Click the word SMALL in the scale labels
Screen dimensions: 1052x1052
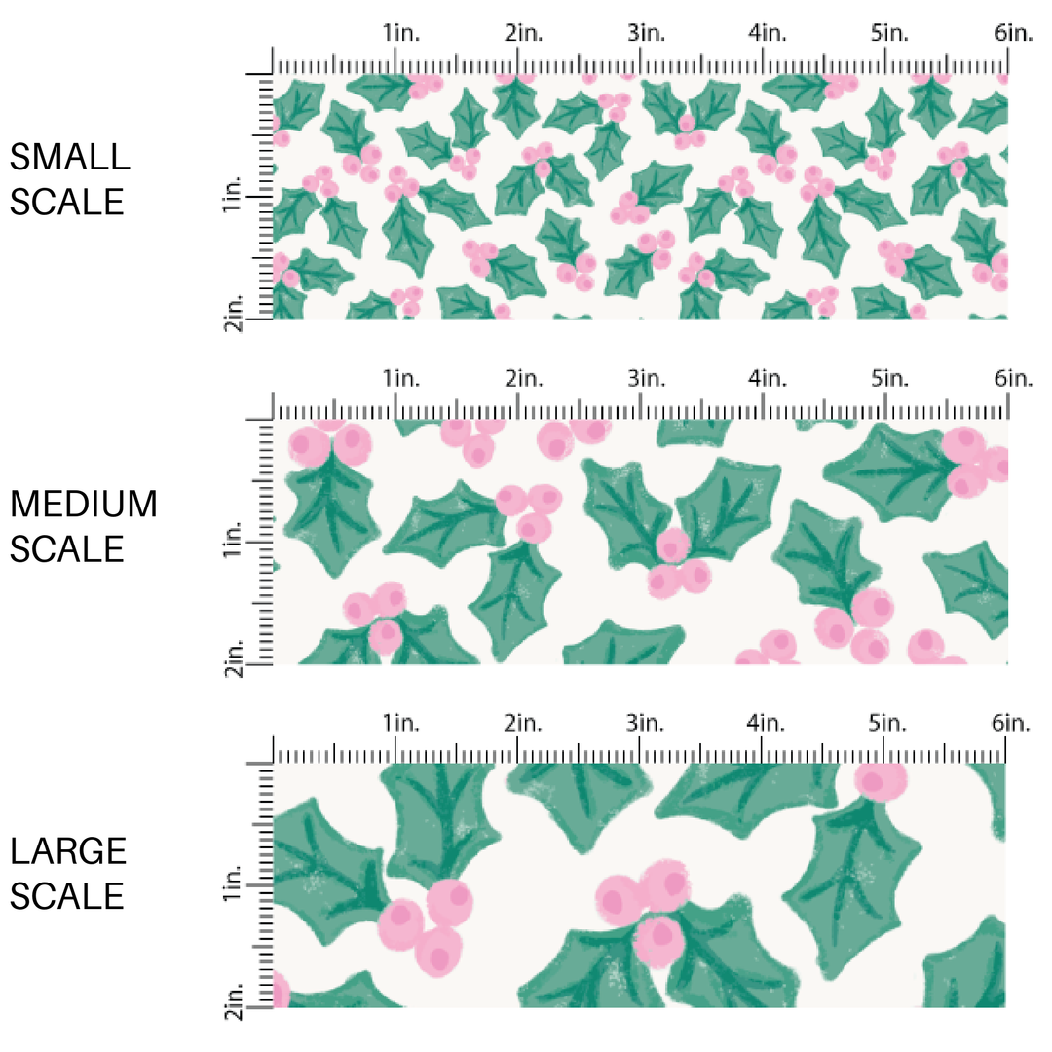coord(68,157)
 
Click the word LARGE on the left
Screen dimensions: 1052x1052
coord(68,851)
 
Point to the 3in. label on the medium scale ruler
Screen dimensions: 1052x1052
coord(646,378)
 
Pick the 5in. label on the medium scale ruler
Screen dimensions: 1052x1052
coord(890,378)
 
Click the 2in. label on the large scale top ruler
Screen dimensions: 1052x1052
coord(523,723)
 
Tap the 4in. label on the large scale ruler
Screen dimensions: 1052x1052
coord(768,723)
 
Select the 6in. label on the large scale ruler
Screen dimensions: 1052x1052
coord(1013,723)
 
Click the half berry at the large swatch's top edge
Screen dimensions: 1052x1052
coord(881,778)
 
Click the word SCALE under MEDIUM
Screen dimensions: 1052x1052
coord(68,549)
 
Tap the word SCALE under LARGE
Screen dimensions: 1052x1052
coord(68,895)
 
